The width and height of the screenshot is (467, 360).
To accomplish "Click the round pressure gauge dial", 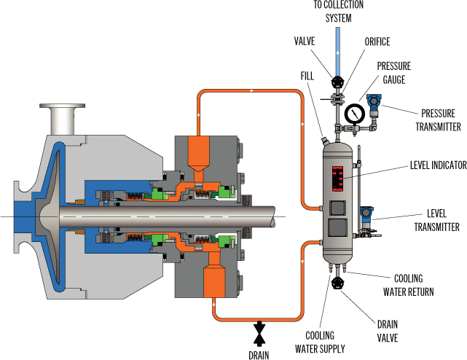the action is coord(355,114).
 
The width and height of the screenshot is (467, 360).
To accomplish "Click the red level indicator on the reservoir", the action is coord(338,179).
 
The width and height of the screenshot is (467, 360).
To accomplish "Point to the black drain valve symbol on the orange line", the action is coord(259,334).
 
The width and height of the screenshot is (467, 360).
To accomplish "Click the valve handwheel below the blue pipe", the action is coord(338,81).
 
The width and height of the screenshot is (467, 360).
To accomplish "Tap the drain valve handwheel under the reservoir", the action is coord(338,282).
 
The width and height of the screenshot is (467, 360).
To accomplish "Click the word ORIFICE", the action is coord(377,42).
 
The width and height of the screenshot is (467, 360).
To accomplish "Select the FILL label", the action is coord(307,76).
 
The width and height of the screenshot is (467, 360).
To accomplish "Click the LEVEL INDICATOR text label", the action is coord(438,165).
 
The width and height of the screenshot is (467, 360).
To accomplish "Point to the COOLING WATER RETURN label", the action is coord(408,285).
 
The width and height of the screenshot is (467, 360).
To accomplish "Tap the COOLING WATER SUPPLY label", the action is coord(320,342).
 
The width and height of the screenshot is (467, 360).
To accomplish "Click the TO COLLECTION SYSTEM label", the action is coord(338,12).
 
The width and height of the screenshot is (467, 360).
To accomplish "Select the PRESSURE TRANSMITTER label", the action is coord(438,120).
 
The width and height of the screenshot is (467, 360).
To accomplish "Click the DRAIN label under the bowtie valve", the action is coord(259,355).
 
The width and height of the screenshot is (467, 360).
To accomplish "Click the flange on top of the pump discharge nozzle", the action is coord(62,106).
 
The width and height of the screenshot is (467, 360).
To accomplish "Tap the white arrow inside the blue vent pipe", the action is coord(338,52).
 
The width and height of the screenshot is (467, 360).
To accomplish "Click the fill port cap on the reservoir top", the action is coord(324,139).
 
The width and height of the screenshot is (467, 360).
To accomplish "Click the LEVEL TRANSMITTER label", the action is coord(436,220).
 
